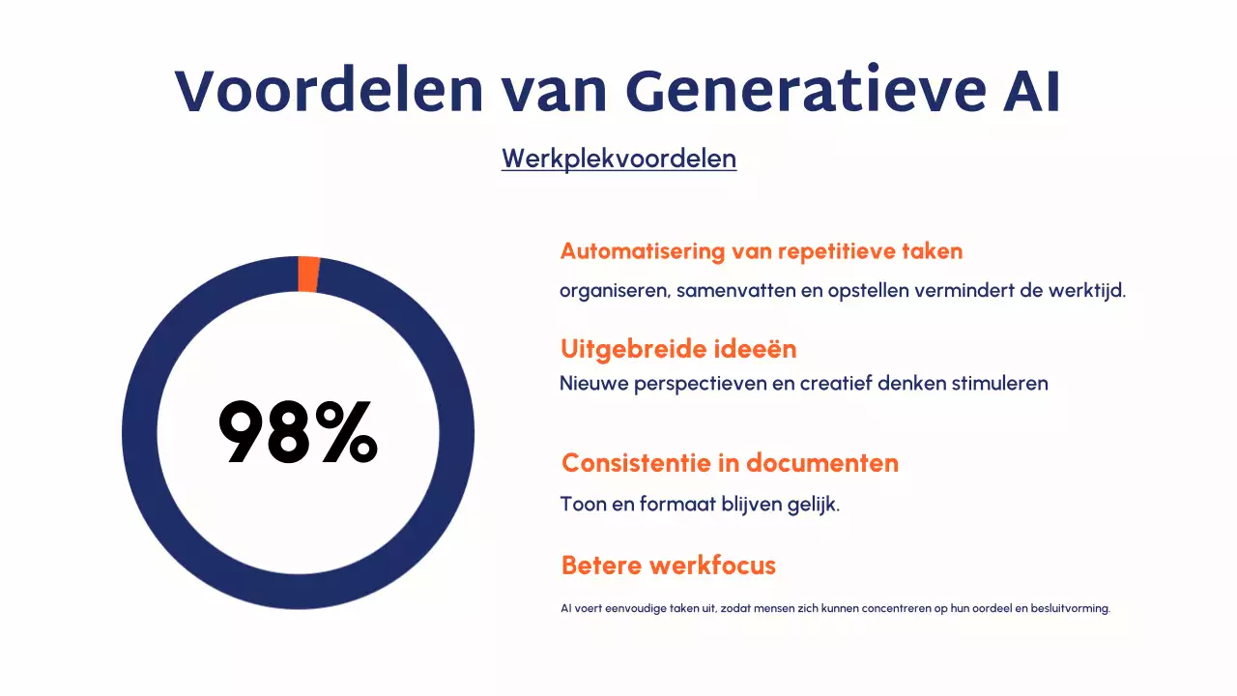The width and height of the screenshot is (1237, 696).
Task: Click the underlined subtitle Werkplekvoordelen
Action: [x=618, y=159]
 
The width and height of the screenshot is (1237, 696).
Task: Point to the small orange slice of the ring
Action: [x=308, y=274]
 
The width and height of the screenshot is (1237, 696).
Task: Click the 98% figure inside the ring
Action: [x=298, y=434]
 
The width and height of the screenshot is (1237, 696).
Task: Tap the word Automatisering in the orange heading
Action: [x=642, y=251]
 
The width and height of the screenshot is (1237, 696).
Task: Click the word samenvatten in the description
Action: [x=735, y=290]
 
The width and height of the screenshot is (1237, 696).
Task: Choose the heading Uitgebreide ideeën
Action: [x=678, y=348]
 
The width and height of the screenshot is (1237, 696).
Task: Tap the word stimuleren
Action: [x=1000, y=383]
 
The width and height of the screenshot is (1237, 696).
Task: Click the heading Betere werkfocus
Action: [x=669, y=565]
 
